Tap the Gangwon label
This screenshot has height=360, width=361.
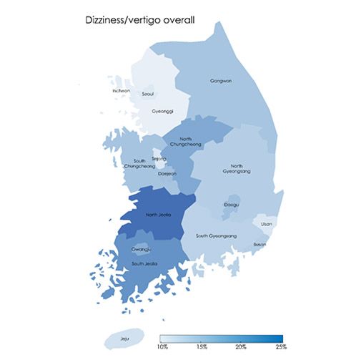221,81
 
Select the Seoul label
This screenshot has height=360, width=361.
149,94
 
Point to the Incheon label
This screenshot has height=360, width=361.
122,91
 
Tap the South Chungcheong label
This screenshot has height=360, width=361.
139,163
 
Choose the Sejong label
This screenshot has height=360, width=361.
159,159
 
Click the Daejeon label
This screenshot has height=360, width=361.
166,173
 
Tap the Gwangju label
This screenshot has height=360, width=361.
141,249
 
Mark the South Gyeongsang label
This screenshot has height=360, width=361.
216,235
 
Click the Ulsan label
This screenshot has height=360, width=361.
266,223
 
